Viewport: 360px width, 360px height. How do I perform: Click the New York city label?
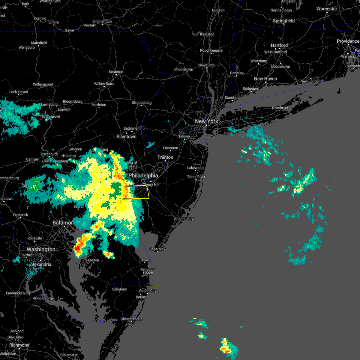click(x=206, y=121)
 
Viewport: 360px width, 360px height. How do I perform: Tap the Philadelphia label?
click(x=143, y=175)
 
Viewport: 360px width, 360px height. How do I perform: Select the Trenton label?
click(x=165, y=157)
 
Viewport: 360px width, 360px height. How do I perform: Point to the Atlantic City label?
click(x=184, y=219)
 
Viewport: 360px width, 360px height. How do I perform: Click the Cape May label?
click(x=157, y=249)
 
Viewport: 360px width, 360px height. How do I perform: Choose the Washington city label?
click(x=41, y=250)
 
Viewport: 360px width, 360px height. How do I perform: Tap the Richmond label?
click(x=19, y=345)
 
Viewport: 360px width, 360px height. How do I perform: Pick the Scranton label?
click(x=116, y=72)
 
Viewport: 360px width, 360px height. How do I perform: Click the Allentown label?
click(x=126, y=137)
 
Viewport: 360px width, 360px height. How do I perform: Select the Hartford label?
click(x=279, y=46)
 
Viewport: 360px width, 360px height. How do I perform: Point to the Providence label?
click(x=348, y=41)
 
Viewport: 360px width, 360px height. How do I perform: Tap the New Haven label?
click(x=265, y=79)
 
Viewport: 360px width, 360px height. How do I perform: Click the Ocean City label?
click(x=148, y=291)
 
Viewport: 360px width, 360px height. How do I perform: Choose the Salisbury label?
click(x=119, y=289)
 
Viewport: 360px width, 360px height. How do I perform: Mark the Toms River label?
click(x=196, y=177)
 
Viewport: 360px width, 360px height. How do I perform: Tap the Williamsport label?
click(x=43, y=85)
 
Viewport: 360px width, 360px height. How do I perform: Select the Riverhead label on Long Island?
click(x=280, y=108)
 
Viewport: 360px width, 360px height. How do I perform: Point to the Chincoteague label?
click(x=131, y=319)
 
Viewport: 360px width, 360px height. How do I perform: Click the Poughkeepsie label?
click(x=211, y=51)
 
